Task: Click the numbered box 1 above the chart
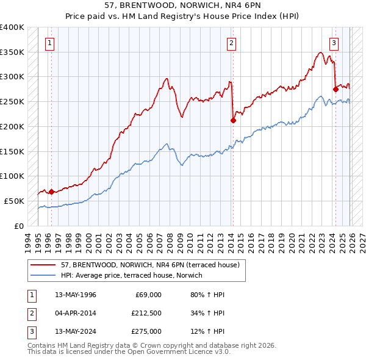point(49,43)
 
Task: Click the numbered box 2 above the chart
point(232,43)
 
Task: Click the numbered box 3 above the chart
point(334,43)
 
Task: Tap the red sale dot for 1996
point(51,192)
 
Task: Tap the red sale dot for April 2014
point(233,120)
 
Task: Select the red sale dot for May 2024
point(335,89)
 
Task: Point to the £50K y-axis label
point(14,201)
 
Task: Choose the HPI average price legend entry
point(131,275)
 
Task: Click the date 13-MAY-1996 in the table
point(76,295)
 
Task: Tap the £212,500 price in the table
point(146,313)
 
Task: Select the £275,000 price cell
point(146,331)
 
